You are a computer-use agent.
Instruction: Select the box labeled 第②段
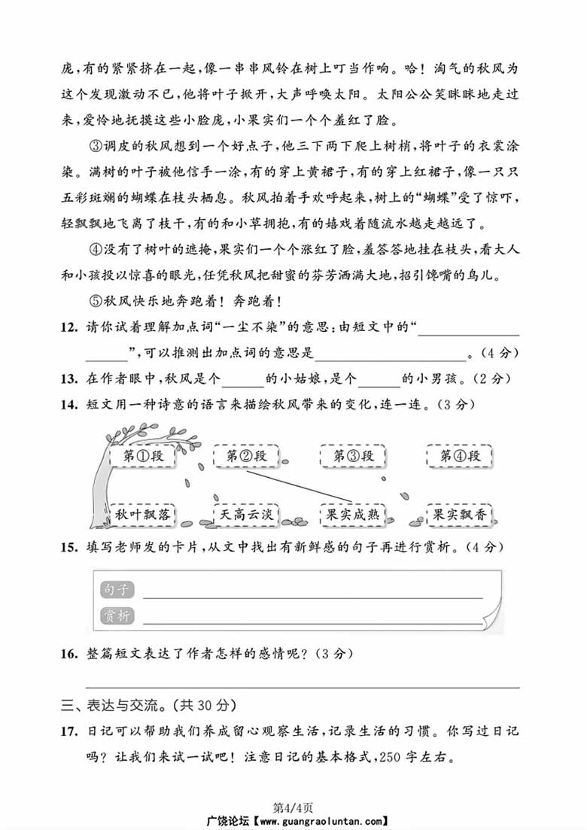click(x=246, y=456)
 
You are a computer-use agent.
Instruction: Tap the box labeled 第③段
click(x=353, y=456)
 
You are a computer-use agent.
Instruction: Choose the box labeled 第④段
click(x=460, y=456)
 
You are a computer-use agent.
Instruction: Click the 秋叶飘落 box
click(x=142, y=515)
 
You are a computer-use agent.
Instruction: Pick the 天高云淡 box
click(x=246, y=515)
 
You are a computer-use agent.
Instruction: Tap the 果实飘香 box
click(x=459, y=515)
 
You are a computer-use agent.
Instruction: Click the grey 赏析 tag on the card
click(x=116, y=616)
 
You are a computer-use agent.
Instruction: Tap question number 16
click(x=69, y=654)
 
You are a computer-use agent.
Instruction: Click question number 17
click(x=69, y=731)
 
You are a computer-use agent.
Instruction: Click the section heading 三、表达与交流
click(x=149, y=705)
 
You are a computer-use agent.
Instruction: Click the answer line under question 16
click(x=301, y=686)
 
